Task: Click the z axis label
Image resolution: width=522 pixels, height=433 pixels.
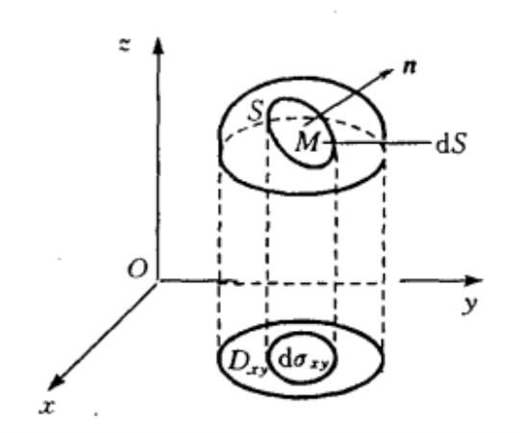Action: coord(125,44)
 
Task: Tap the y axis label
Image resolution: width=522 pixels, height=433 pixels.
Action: coord(470,305)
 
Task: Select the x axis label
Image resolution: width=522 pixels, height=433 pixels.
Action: coord(47,407)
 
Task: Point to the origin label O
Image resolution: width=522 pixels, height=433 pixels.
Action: coord(137,268)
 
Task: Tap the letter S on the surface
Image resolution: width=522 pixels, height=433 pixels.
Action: coord(257,112)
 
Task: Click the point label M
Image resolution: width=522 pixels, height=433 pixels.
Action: coord(307,142)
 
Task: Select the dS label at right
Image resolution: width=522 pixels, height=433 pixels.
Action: coord(451,144)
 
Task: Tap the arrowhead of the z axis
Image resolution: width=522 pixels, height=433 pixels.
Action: coord(158,45)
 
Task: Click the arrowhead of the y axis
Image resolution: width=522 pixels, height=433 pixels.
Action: coord(473,280)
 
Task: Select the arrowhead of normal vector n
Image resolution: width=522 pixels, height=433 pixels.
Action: coord(386,72)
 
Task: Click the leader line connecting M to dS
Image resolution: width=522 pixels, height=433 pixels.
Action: coord(379,143)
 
